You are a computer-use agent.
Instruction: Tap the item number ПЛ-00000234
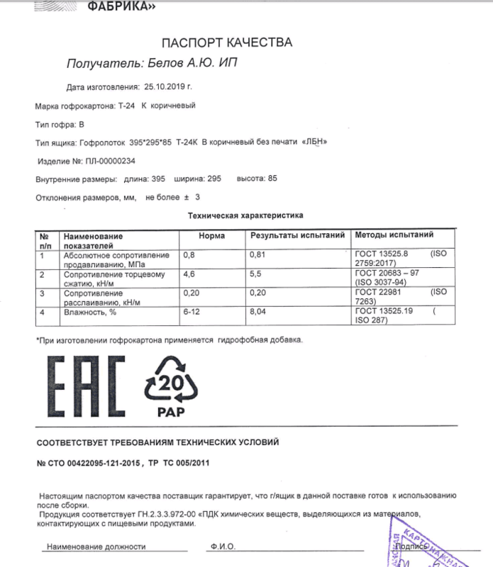(x=104, y=160)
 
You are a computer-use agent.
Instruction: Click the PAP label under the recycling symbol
(x=170, y=410)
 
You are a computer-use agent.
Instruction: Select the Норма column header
(x=212, y=235)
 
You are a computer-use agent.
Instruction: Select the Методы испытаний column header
(x=394, y=235)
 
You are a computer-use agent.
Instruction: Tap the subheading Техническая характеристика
(x=245, y=214)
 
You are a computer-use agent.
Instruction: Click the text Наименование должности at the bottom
(x=96, y=546)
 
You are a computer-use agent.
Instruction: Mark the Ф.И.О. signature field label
(x=223, y=546)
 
